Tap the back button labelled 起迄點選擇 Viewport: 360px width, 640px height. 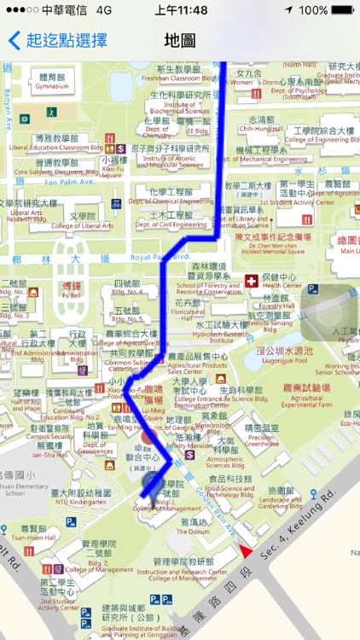tap(58, 40)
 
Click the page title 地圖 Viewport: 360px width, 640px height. tap(179, 40)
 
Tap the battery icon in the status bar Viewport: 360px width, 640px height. tap(341, 10)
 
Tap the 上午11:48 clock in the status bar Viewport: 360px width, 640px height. tap(181, 10)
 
